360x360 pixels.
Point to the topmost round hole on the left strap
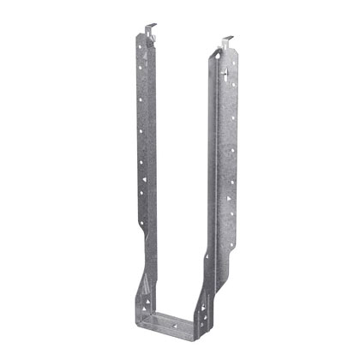point(142,50)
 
